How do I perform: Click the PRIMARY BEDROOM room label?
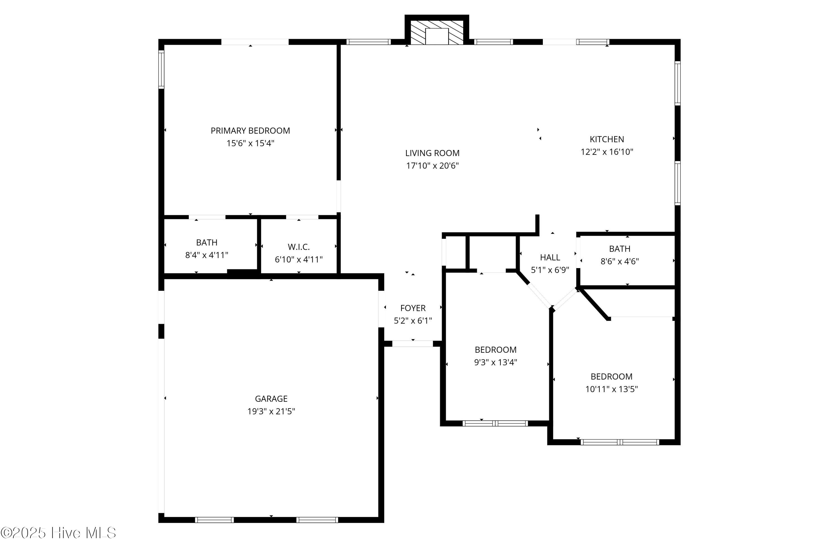click(250, 131)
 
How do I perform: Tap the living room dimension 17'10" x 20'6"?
click(432, 166)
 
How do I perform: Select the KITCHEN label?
click(607, 139)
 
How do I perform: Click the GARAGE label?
click(271, 399)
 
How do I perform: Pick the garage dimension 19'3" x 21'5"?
click(271, 411)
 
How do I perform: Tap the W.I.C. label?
click(299, 247)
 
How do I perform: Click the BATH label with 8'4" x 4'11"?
click(207, 242)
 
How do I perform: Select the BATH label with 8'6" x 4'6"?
click(619, 249)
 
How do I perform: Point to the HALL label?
click(550, 257)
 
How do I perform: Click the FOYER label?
click(413, 308)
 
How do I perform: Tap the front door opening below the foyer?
click(413, 344)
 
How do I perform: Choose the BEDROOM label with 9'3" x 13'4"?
click(496, 350)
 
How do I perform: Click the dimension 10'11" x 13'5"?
click(611, 389)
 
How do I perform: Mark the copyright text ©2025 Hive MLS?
click(58, 533)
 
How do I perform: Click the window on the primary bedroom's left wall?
click(161, 69)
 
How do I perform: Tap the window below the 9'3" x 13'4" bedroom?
click(495, 423)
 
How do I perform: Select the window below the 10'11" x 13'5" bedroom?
click(619, 442)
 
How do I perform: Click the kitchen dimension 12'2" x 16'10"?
click(607, 152)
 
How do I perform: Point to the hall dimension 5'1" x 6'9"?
click(550, 270)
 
